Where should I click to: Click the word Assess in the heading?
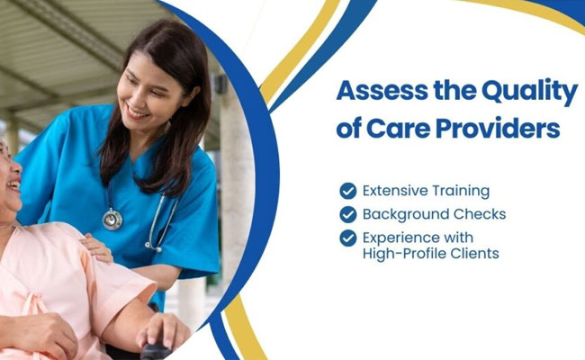click(382, 91)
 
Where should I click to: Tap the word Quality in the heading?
click(530, 93)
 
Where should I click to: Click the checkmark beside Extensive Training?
click(348, 191)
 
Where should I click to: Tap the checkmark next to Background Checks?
click(348, 214)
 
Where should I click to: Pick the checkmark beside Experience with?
click(348, 238)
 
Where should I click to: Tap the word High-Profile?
click(404, 254)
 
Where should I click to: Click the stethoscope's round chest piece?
click(112, 219)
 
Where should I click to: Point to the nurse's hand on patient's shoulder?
click(96, 247)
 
